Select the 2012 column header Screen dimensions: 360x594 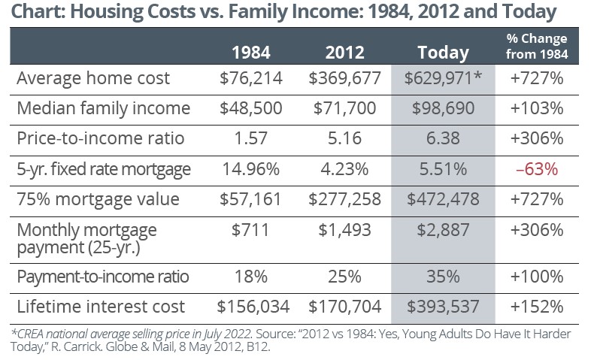click(x=345, y=53)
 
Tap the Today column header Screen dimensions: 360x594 click(x=443, y=53)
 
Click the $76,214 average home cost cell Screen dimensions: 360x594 click(x=250, y=78)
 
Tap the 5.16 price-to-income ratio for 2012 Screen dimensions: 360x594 click(x=345, y=139)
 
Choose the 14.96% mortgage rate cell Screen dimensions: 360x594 click(x=250, y=169)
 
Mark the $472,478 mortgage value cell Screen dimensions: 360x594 click(x=443, y=199)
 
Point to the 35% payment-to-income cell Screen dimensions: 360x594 click(x=443, y=276)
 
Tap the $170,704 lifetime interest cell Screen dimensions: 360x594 click(x=345, y=306)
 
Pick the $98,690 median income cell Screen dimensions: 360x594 click(x=443, y=108)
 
